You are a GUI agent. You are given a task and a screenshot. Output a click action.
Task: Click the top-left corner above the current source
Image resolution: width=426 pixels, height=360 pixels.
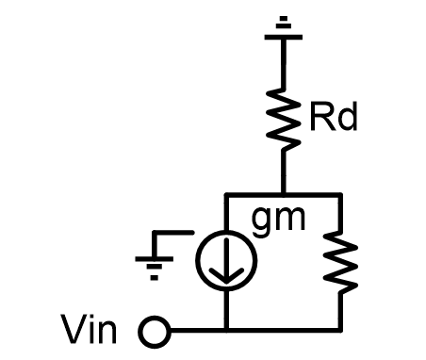click(227, 193)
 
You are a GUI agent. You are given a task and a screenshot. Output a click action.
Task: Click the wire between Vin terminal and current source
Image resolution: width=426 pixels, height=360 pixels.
click(193, 331)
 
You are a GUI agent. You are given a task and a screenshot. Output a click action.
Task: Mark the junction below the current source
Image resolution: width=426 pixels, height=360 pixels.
click(227, 331)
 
